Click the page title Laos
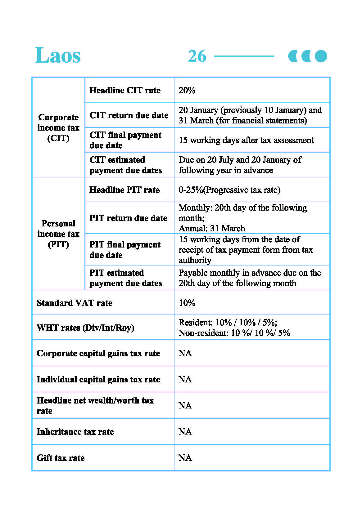[x=58, y=56]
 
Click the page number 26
[x=197, y=56]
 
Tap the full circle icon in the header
[x=321, y=56]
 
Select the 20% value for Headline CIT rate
[x=187, y=90]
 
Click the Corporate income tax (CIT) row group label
[x=58, y=127]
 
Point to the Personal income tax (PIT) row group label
[x=58, y=234]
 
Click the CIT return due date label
[x=129, y=115]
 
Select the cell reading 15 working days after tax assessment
[x=246, y=140]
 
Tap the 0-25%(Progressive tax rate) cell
[x=229, y=190]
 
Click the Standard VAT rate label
[x=75, y=303]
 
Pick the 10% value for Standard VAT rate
[x=187, y=303]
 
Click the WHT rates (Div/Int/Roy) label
[x=85, y=328]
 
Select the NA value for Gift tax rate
[x=185, y=458]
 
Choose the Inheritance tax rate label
[x=75, y=432]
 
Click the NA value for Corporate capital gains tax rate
[x=185, y=353]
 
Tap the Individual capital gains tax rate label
[x=98, y=379]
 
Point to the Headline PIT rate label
[x=124, y=190]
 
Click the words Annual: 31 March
[x=212, y=229]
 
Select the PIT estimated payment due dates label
[x=125, y=278]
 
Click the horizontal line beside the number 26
[x=244, y=56]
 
